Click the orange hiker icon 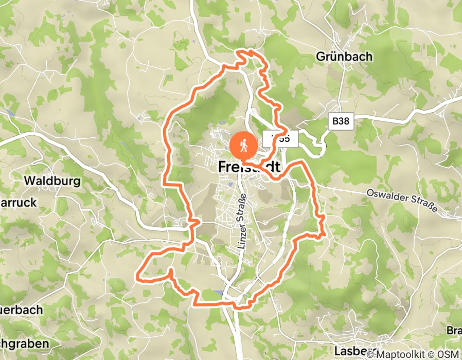click(244, 146)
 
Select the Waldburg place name click(52, 181)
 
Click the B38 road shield click(340, 121)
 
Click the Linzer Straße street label click(242, 221)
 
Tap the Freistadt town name click(250, 167)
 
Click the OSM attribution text click(450, 354)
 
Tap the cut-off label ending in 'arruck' click(19, 203)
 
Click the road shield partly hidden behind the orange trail click(280, 139)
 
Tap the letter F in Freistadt click(223, 167)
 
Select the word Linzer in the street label click(241, 236)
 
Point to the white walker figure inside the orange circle click(244, 146)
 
